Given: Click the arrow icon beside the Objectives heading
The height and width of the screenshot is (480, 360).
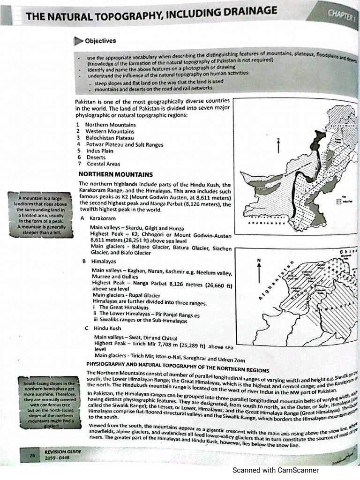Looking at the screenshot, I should [x=78, y=41].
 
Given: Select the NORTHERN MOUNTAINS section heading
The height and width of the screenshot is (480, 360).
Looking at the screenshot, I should [x=109, y=174].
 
